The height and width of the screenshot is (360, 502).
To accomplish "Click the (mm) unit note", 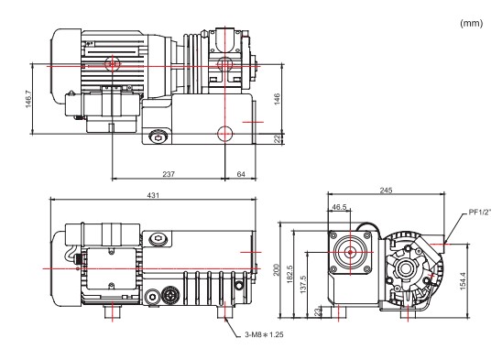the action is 471,23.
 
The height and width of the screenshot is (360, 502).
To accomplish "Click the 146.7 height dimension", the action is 28,99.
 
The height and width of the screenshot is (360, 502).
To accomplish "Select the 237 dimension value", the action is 169,174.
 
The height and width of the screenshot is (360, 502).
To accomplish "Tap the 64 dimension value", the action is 241,174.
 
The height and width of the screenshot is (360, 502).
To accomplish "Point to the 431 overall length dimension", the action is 153,195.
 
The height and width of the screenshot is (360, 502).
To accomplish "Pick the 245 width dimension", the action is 386,191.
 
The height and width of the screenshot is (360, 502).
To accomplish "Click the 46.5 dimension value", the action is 339,207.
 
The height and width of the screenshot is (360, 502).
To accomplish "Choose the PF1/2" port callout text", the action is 480,212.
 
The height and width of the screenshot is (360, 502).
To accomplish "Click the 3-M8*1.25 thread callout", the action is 264,334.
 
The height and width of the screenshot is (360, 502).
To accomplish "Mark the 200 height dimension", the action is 277,270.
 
